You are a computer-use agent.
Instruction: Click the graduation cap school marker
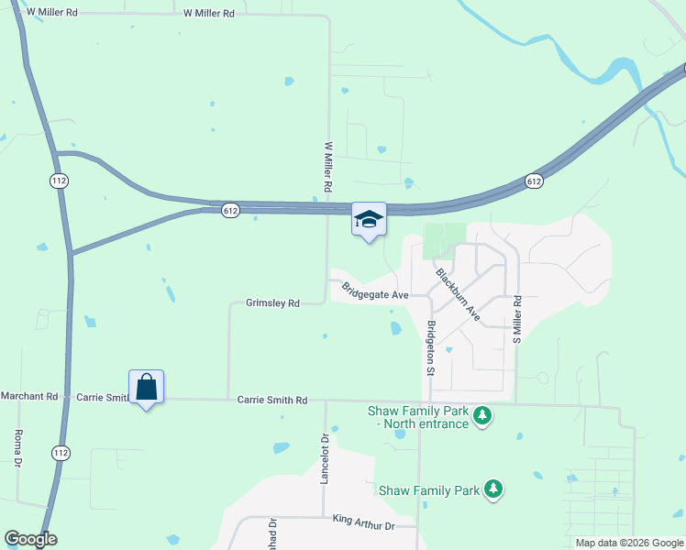[x=369, y=220]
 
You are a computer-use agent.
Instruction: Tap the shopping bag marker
[x=147, y=388]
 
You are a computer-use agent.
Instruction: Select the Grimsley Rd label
[x=272, y=302]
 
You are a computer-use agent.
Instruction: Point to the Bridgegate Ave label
[x=374, y=291]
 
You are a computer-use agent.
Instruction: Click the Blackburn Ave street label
[x=458, y=293]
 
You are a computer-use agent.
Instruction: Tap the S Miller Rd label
[x=517, y=319]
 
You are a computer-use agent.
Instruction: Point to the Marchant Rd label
[x=28, y=396]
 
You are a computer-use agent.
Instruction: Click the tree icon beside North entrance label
[x=483, y=418]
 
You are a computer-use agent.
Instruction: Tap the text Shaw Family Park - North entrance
[x=418, y=417]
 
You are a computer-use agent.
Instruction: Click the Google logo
[x=30, y=539]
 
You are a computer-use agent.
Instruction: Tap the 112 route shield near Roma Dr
[x=61, y=452]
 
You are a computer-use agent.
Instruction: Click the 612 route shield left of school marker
[x=230, y=211]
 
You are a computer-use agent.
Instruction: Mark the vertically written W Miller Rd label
[x=327, y=166]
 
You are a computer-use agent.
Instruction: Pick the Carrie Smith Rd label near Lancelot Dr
[x=271, y=400]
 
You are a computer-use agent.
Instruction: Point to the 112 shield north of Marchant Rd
[x=59, y=181]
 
